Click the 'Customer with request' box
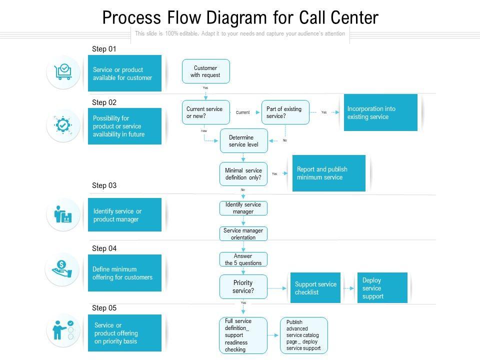point(205,71)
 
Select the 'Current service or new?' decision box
point(204,112)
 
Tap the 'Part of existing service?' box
point(285,112)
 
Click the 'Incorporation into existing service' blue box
point(380,112)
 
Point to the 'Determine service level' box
point(243,141)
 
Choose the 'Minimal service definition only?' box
point(243,174)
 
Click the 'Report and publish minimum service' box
point(328,173)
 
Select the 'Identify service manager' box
point(243,208)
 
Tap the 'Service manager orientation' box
point(243,234)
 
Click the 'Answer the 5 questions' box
point(243,259)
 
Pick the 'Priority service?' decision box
point(243,286)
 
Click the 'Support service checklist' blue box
point(315,288)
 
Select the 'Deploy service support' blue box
point(382,288)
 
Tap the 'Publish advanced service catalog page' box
point(303,335)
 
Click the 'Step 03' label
point(104,185)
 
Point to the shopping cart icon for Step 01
point(63,72)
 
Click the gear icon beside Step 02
point(63,125)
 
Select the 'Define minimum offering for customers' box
point(124,273)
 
